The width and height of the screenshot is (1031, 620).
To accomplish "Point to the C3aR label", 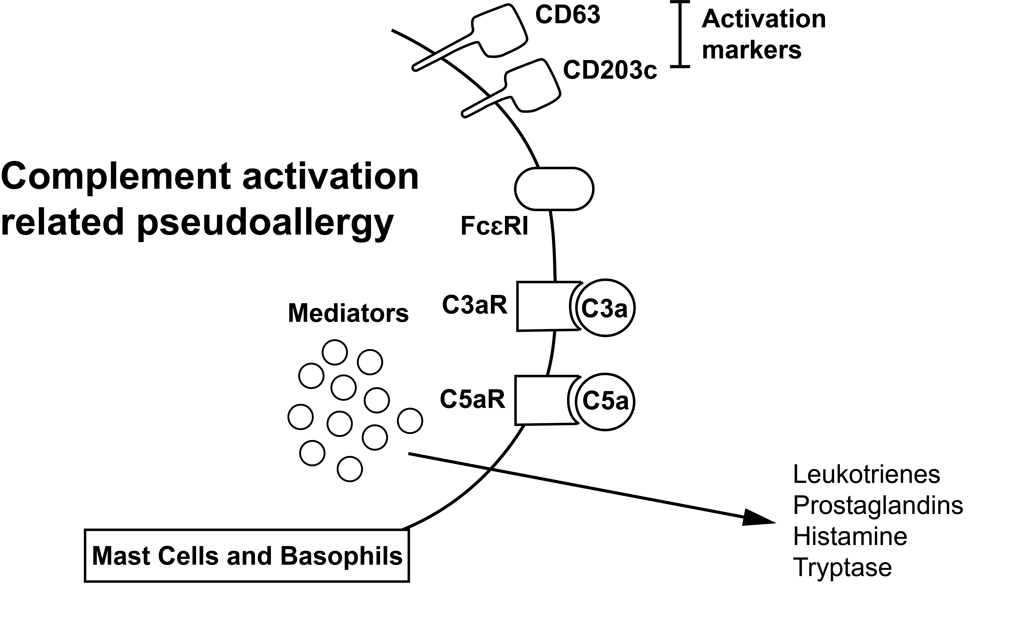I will pyautogui.click(x=475, y=305).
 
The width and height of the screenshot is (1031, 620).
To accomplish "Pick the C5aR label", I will pyautogui.click(x=472, y=399).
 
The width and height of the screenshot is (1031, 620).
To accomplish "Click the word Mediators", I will pyautogui.click(x=348, y=313).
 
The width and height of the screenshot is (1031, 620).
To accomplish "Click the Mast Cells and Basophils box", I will pyautogui.click(x=247, y=556).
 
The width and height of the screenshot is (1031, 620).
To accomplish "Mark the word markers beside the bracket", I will pyautogui.click(x=751, y=50).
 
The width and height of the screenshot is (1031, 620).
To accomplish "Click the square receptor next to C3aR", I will pyautogui.click(x=543, y=306).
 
